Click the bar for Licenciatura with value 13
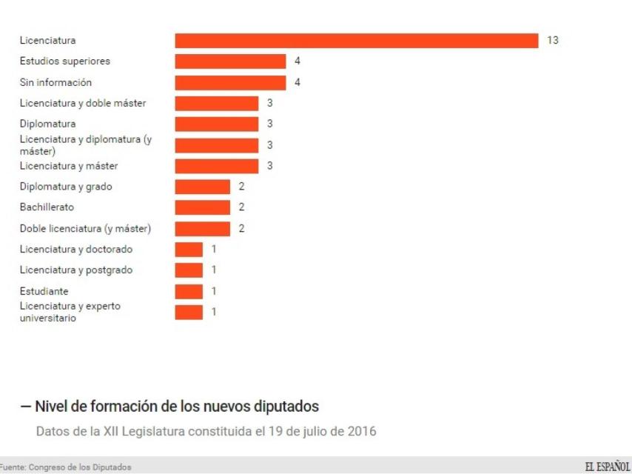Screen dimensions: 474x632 pyautogui.click(x=356, y=41)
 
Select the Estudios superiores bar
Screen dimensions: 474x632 pyautogui.click(x=230, y=61)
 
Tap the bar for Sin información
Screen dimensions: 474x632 pyautogui.click(x=230, y=82)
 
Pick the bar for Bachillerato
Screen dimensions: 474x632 pyautogui.click(x=202, y=207)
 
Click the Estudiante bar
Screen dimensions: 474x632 pyautogui.click(x=188, y=291)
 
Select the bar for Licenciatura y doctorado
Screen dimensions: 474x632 pyautogui.click(x=188, y=249)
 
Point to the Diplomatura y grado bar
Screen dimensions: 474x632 pyautogui.click(x=202, y=187)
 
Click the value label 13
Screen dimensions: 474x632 pyautogui.click(x=552, y=41)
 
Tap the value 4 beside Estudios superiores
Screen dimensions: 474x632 pyautogui.click(x=297, y=61)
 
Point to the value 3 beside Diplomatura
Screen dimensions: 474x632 pyautogui.click(x=269, y=124)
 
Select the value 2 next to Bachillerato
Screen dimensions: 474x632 pyautogui.click(x=241, y=207)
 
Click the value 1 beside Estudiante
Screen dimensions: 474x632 pyautogui.click(x=214, y=291)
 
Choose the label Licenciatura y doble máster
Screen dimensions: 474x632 pyautogui.click(x=82, y=103)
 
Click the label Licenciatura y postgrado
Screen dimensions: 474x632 pyautogui.click(x=76, y=270)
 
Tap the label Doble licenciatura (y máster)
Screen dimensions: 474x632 pyautogui.click(x=84, y=228)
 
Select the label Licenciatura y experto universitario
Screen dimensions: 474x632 pyautogui.click(x=70, y=312)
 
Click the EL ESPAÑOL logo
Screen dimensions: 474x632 pyautogui.click(x=607, y=466)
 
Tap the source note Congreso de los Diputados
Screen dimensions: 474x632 pyautogui.click(x=65, y=467)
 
